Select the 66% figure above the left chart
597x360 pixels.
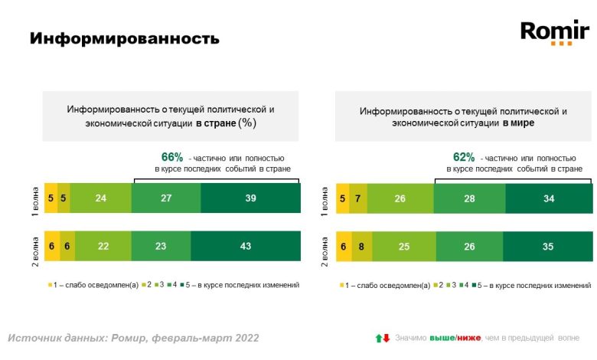click(173, 157)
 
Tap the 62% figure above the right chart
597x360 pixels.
click(465, 157)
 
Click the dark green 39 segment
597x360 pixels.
click(250, 198)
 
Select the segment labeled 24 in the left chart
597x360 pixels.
click(100, 198)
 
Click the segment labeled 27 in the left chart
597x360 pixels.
click(166, 198)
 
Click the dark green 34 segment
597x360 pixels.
click(548, 198)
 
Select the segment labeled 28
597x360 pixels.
click(469, 198)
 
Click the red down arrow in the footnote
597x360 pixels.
click(387, 338)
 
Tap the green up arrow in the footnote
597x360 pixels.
click(377, 338)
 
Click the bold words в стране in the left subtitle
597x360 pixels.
click(215, 123)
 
